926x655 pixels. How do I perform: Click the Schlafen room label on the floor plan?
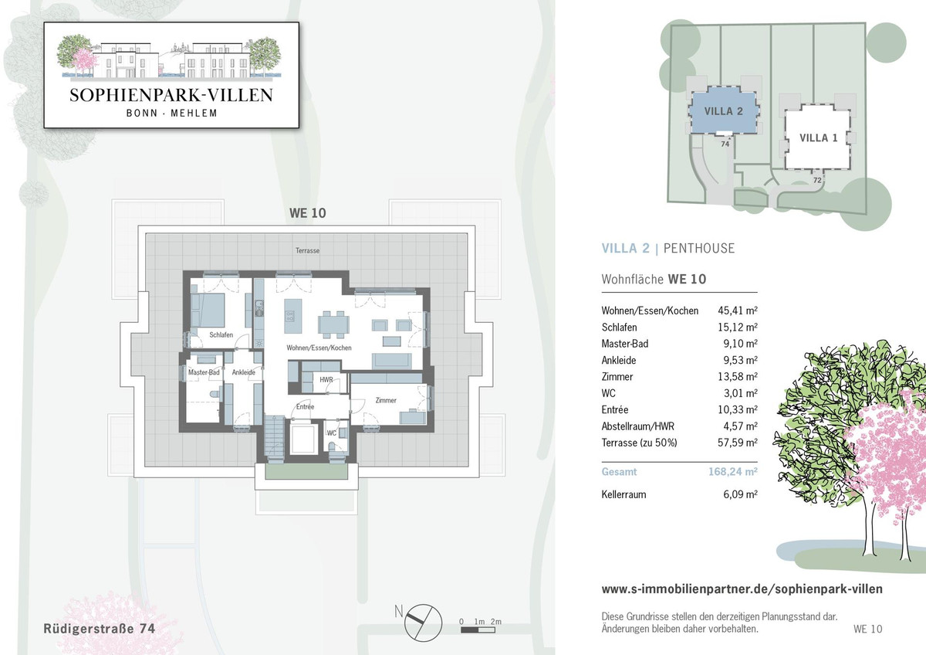[221, 334]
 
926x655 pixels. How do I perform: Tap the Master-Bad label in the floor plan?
[204, 372]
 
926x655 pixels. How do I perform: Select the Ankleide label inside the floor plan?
[244, 372]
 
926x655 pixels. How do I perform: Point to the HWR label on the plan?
[326, 379]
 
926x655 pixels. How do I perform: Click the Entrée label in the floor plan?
[305, 407]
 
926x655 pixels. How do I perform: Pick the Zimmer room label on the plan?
[386, 400]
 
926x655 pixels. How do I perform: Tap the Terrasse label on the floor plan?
[307, 250]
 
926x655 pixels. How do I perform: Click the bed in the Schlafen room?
[208, 311]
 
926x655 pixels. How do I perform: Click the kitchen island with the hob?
[292, 316]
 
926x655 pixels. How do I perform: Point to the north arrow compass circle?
[423, 623]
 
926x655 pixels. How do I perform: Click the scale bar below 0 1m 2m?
[478, 630]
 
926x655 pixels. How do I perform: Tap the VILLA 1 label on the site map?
[818, 137]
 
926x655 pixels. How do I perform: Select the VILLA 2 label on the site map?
[724, 111]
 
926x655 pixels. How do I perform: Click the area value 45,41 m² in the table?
[738, 311]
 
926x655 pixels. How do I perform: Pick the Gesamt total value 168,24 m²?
[733, 472]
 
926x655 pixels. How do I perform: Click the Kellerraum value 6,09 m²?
[740, 494]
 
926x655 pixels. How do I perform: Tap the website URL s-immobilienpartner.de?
[742, 589]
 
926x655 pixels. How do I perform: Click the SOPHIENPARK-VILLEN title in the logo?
[171, 95]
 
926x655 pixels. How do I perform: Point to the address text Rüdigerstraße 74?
[100, 629]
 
